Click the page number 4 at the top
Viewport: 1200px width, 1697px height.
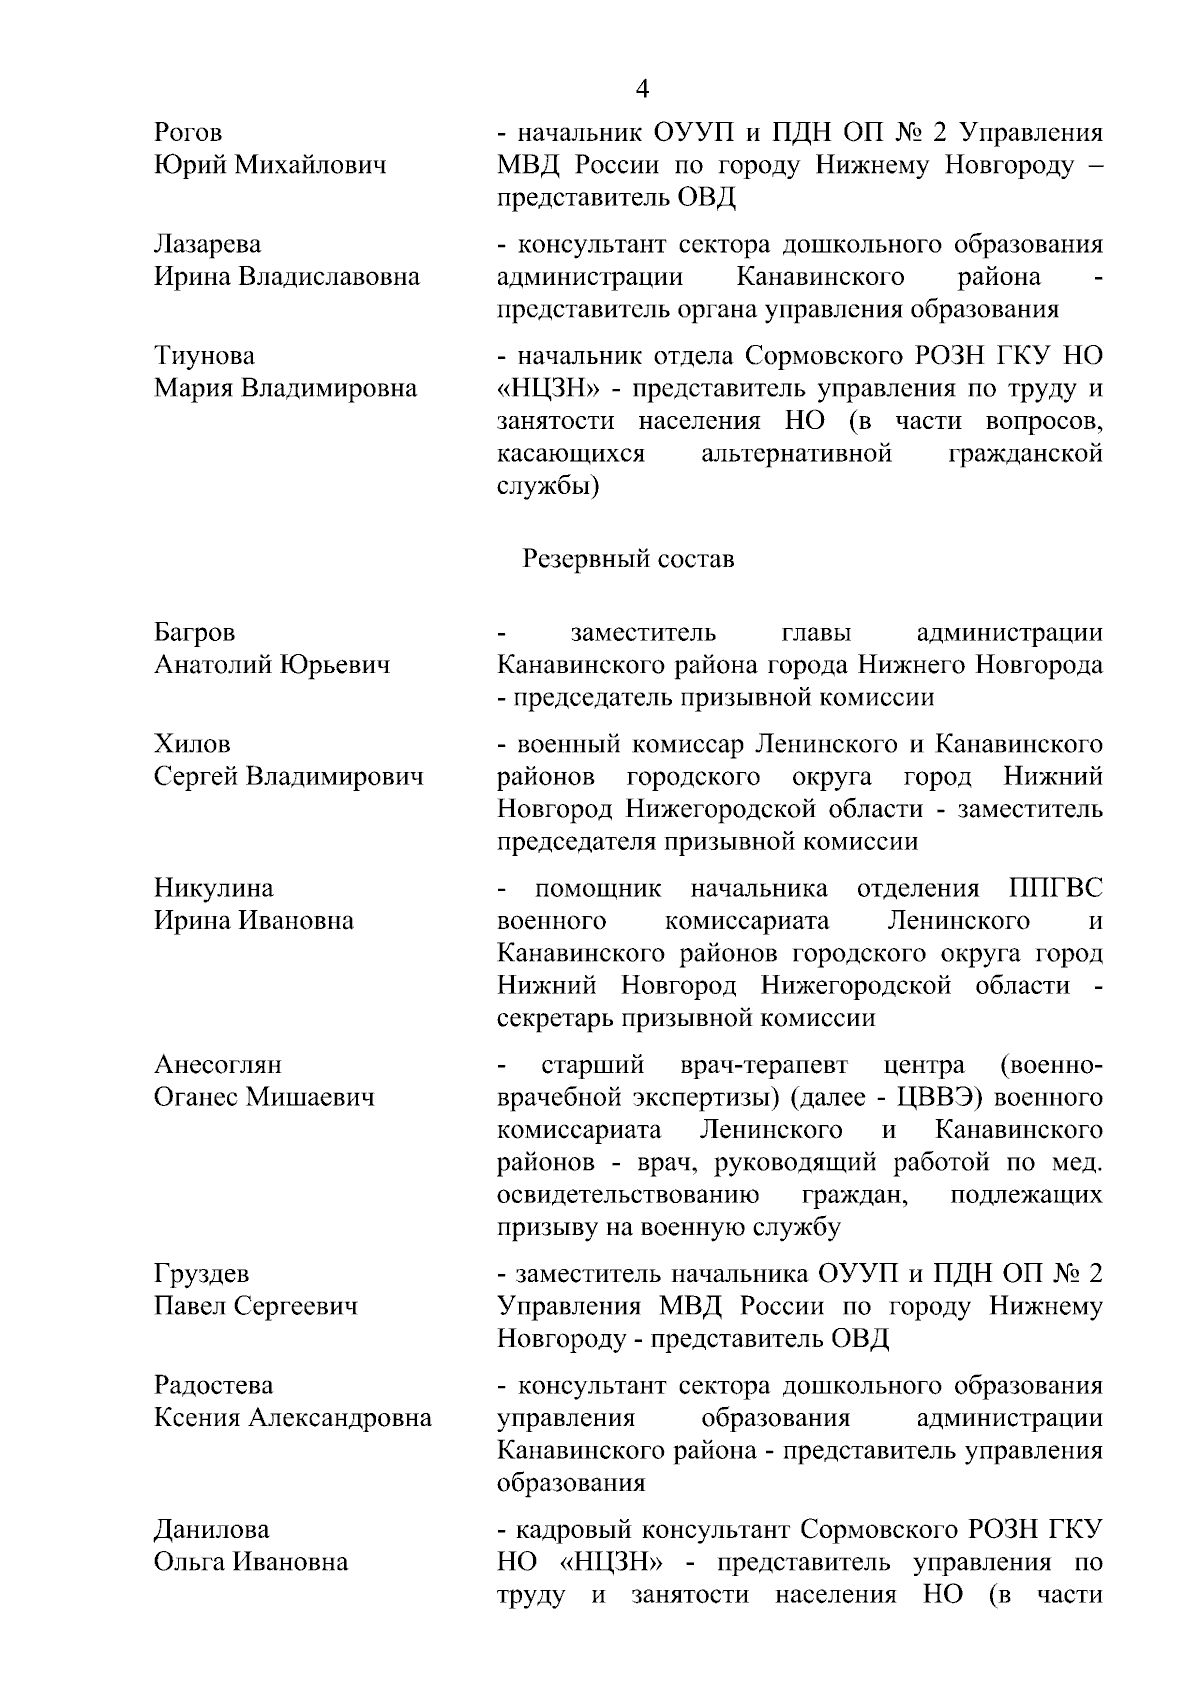tap(642, 90)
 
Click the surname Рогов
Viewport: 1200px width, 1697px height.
tap(188, 133)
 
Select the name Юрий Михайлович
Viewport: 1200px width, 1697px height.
tap(270, 165)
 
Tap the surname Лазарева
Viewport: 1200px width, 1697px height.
tap(207, 245)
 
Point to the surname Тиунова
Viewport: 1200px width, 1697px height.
tap(204, 356)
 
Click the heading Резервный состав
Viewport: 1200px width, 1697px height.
tap(628, 559)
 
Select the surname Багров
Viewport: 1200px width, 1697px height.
tap(195, 633)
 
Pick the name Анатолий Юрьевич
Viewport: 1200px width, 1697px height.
tap(272, 665)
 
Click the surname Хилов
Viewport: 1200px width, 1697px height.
tap(192, 745)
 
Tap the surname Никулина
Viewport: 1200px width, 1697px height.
tap(214, 889)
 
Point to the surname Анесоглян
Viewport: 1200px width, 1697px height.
tap(218, 1065)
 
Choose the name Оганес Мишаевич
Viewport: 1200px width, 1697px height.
tap(264, 1097)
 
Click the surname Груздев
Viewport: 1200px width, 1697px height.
tap(202, 1275)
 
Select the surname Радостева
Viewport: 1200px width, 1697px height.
tap(213, 1386)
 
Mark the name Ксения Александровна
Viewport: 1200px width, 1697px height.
tap(292, 1418)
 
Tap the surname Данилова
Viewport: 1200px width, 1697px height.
tap(211, 1530)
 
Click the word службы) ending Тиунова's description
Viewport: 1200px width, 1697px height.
tap(548, 487)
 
